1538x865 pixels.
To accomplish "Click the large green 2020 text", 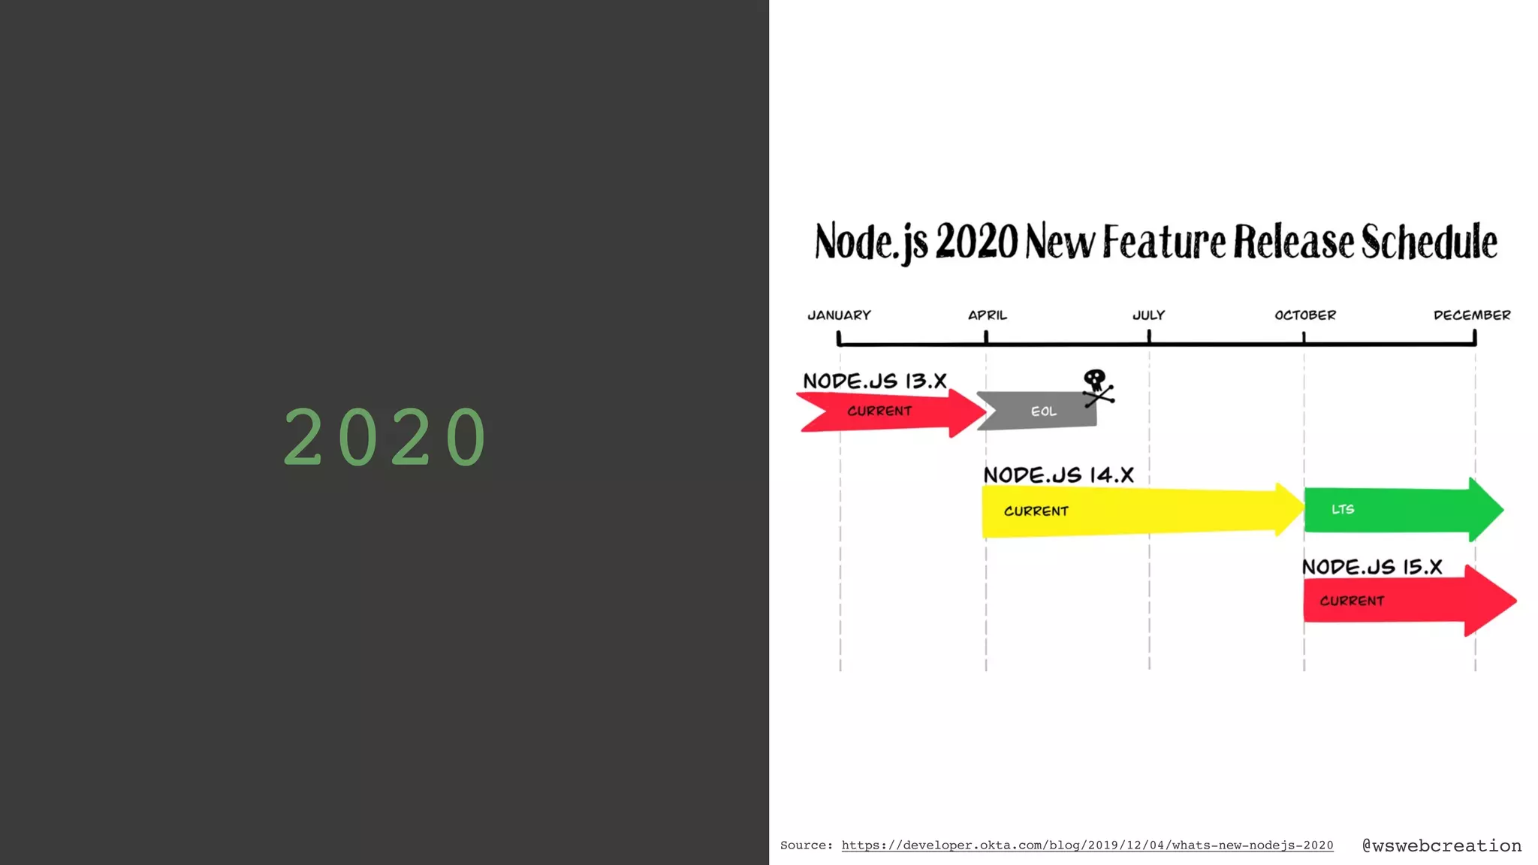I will point(385,437).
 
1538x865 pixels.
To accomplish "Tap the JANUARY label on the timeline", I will point(839,315).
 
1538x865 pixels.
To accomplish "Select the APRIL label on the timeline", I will point(987,315).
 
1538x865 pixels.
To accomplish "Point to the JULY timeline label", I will point(1148,315).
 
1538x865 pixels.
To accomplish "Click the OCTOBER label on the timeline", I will point(1305,315).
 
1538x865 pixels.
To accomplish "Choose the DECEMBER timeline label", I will point(1472,315).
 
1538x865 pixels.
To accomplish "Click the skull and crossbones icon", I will point(1097,387).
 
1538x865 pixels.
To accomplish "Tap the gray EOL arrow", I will point(1040,411).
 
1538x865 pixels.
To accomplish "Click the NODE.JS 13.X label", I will point(875,381).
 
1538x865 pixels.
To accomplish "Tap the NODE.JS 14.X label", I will point(1058,475).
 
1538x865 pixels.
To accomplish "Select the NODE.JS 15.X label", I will point(1372,567).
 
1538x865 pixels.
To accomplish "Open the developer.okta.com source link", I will point(1087,845).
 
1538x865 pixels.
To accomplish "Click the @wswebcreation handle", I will point(1442,845).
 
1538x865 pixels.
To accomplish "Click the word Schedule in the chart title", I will point(1429,242).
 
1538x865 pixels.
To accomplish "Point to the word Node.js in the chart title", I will point(871,242).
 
